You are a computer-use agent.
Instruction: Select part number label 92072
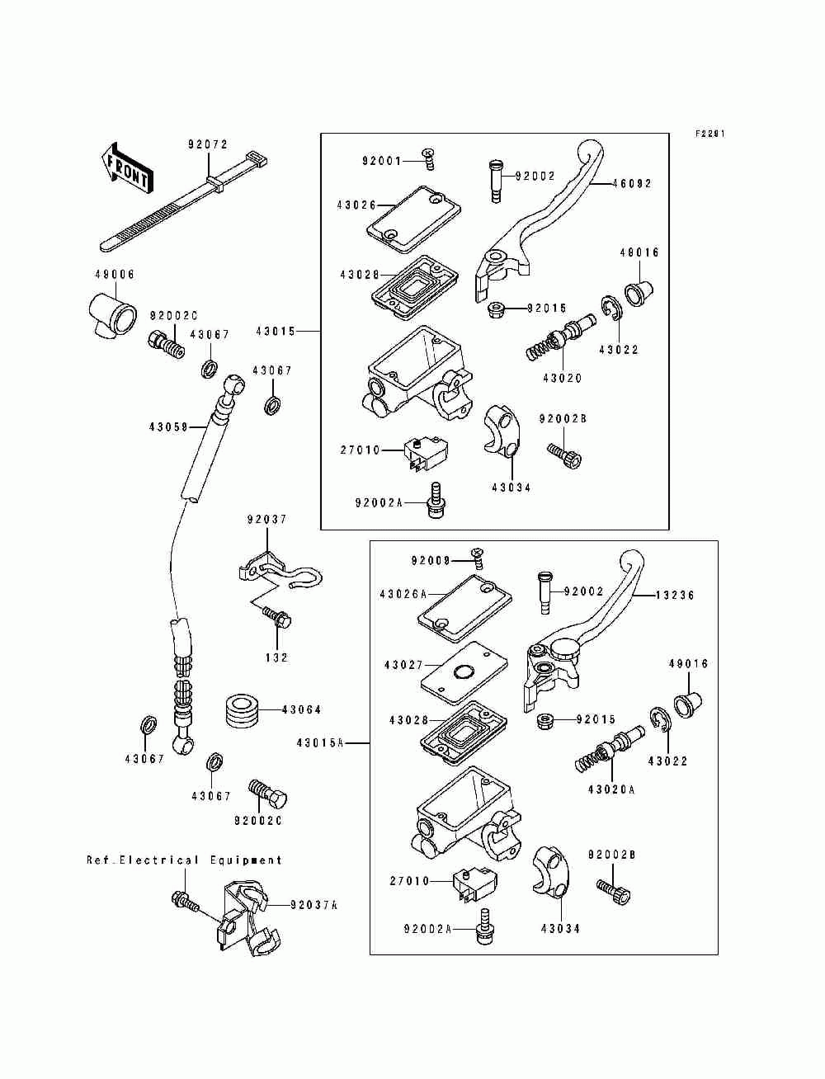pyautogui.click(x=208, y=144)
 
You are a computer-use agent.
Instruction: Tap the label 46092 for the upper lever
pyautogui.click(x=631, y=183)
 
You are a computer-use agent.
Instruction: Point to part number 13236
pyautogui.click(x=675, y=595)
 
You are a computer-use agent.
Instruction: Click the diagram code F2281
pyautogui.click(x=709, y=134)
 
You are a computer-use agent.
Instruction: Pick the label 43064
pyautogui.click(x=301, y=709)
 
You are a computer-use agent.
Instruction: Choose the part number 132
pyautogui.click(x=277, y=657)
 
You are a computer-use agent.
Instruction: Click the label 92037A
pyautogui.click(x=313, y=905)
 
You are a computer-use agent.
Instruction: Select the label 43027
pyautogui.click(x=403, y=664)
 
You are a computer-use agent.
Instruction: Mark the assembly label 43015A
pyautogui.click(x=319, y=743)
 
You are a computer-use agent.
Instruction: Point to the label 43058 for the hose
pyautogui.click(x=169, y=426)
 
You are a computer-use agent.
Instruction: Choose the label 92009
pyautogui.click(x=431, y=561)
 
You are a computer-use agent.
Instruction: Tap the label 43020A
pyautogui.click(x=611, y=789)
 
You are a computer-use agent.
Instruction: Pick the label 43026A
pyautogui.click(x=403, y=594)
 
